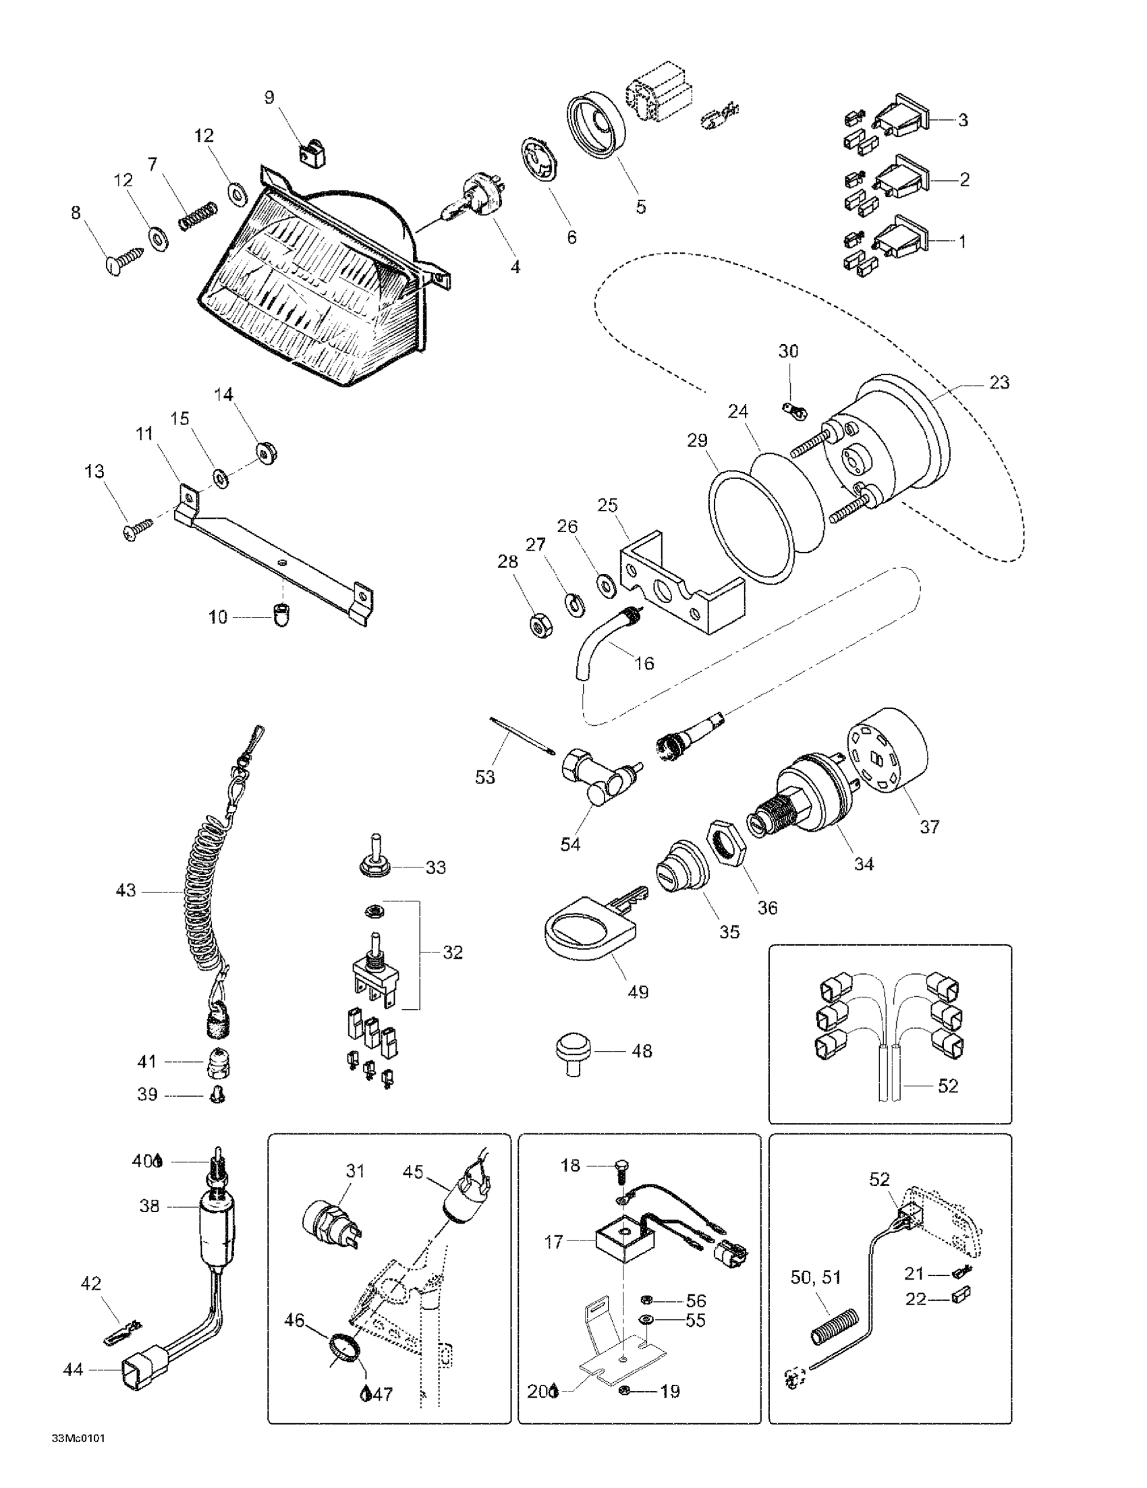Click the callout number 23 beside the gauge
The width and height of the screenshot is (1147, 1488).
click(999, 383)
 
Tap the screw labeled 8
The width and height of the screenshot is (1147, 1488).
click(125, 261)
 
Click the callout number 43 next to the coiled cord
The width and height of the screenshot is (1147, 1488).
click(125, 890)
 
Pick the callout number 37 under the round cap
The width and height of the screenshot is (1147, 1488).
click(930, 826)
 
